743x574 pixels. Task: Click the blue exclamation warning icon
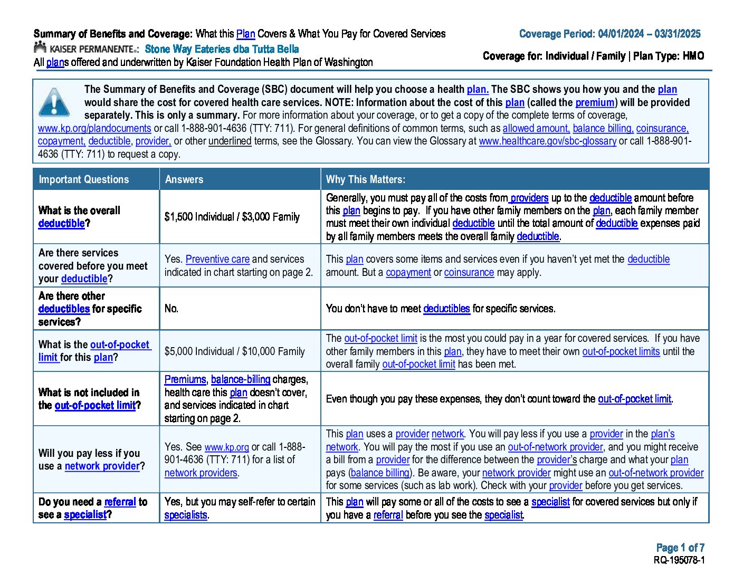point(54,102)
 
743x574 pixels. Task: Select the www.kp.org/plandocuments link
point(94,128)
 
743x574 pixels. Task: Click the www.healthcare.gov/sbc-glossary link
point(547,141)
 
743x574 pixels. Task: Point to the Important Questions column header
point(83,179)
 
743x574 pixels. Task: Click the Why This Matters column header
point(365,179)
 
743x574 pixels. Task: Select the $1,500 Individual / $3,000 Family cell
point(232,217)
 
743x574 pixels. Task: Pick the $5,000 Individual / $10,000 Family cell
point(234,351)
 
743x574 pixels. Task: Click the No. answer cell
point(172,309)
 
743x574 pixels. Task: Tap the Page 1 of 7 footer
point(680,548)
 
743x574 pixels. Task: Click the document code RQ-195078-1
point(679,560)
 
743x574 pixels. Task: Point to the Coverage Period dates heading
point(609,34)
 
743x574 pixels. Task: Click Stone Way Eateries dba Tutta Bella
point(222,49)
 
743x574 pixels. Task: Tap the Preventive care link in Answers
point(217,259)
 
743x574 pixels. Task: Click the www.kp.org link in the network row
point(226,447)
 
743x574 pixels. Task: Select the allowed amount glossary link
point(536,128)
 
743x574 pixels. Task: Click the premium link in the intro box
point(595,102)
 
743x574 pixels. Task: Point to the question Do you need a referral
point(92,508)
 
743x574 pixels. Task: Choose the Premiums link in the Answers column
point(185,379)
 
